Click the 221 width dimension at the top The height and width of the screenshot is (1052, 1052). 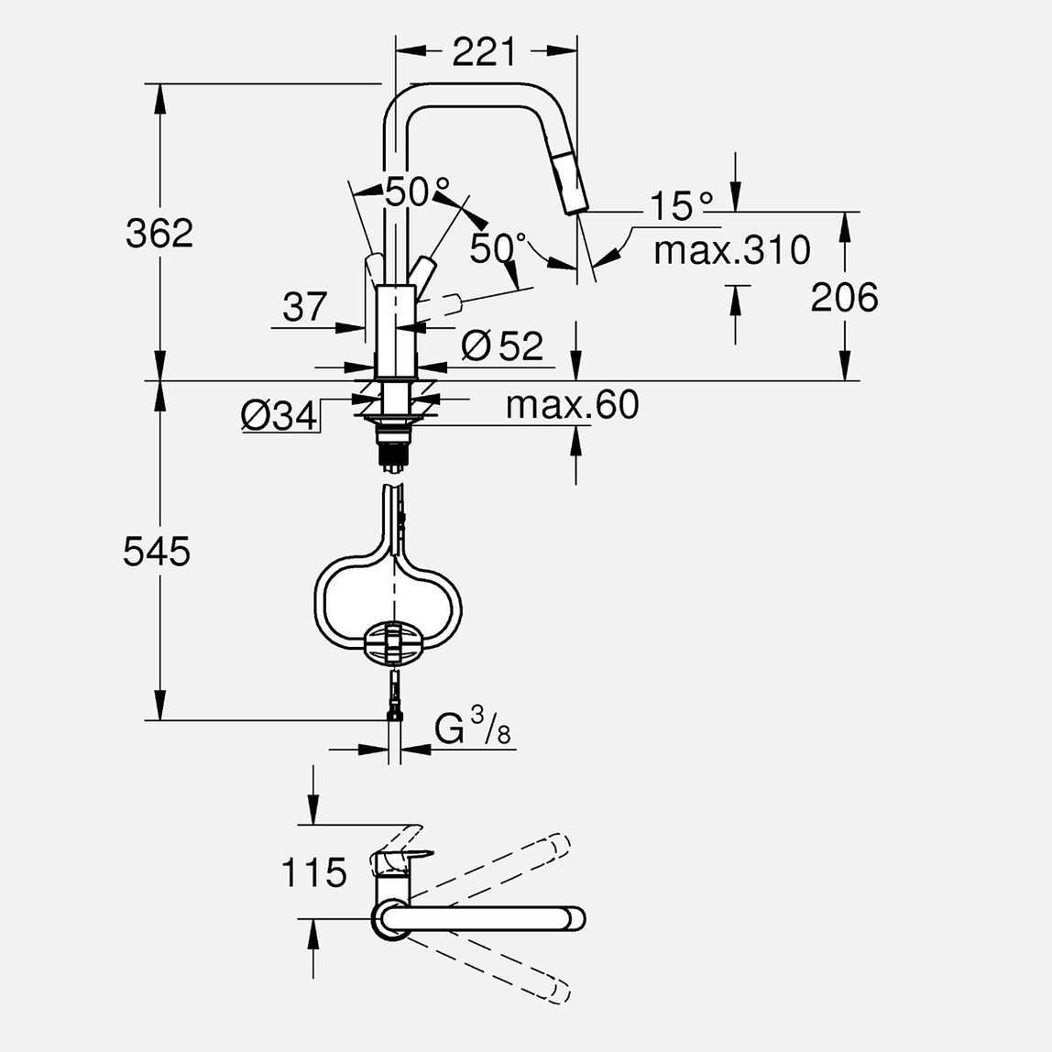point(484,52)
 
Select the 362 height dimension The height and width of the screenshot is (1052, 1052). point(159,233)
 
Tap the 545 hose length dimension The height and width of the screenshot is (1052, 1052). point(157,552)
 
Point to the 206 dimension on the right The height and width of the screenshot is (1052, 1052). point(844,297)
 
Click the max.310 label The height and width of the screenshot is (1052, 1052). point(732,249)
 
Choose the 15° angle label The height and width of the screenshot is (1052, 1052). point(682,206)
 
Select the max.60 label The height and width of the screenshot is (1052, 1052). point(572,405)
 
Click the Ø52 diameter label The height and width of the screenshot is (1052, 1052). point(502,345)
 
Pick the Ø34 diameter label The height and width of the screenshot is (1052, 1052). point(279,417)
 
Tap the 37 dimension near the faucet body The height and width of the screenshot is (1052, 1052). point(304,307)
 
